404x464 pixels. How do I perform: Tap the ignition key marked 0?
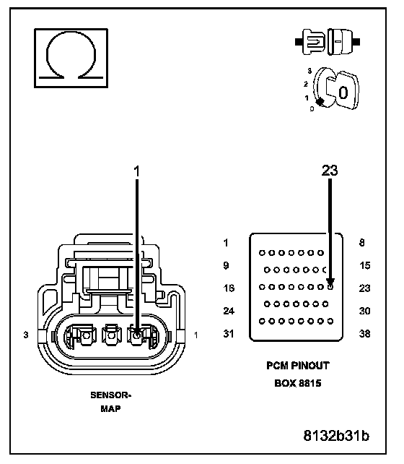click(343, 91)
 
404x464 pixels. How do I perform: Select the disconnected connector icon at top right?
click(328, 42)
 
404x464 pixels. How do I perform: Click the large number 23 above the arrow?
click(330, 171)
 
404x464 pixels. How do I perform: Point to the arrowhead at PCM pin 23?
click(330, 282)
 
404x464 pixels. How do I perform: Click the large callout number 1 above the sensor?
click(136, 171)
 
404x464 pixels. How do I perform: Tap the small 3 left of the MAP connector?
click(26, 335)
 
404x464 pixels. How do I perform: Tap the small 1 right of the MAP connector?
click(196, 335)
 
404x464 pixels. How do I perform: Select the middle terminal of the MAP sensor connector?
click(112, 335)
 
